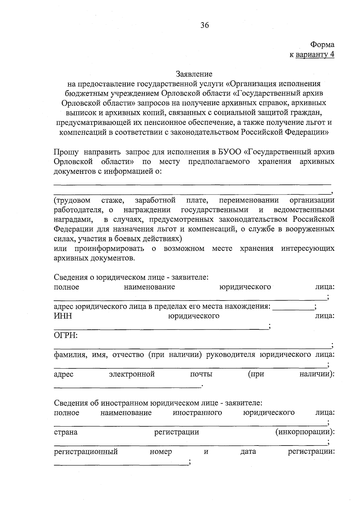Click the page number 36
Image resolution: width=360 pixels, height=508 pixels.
coord(205,25)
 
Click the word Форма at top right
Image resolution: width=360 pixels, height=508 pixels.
coord(322,45)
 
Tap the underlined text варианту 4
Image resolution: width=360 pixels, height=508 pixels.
coord(315,55)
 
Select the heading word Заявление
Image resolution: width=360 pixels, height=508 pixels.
coord(194,74)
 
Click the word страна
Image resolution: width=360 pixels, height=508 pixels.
coord(66,432)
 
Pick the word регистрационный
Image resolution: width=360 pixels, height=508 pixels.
coord(86,452)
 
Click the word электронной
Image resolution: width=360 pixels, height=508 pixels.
coord(132,374)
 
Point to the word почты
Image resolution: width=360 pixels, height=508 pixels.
coord(201,374)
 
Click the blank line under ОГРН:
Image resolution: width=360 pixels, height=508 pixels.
coord(192,348)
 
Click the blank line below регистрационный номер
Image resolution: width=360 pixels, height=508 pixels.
coord(120,465)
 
